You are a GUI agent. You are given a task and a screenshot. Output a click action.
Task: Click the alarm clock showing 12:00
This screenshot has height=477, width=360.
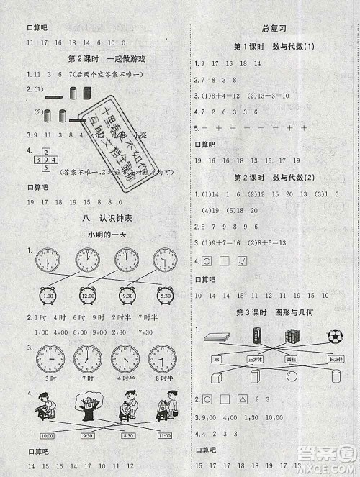[x=89, y=294]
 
